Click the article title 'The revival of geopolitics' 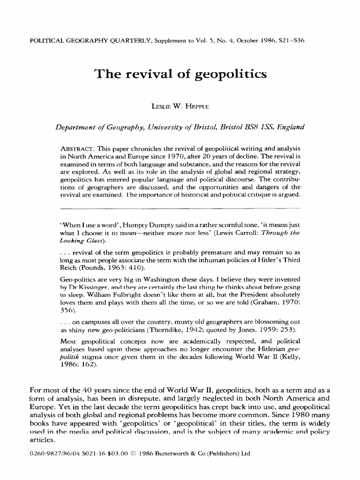pyautogui.click(x=180, y=74)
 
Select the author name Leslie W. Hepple pyautogui.click(x=180, y=106)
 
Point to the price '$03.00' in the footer pyautogui.click(x=108, y=453)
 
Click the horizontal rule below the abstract pyautogui.click(x=180, y=207)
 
